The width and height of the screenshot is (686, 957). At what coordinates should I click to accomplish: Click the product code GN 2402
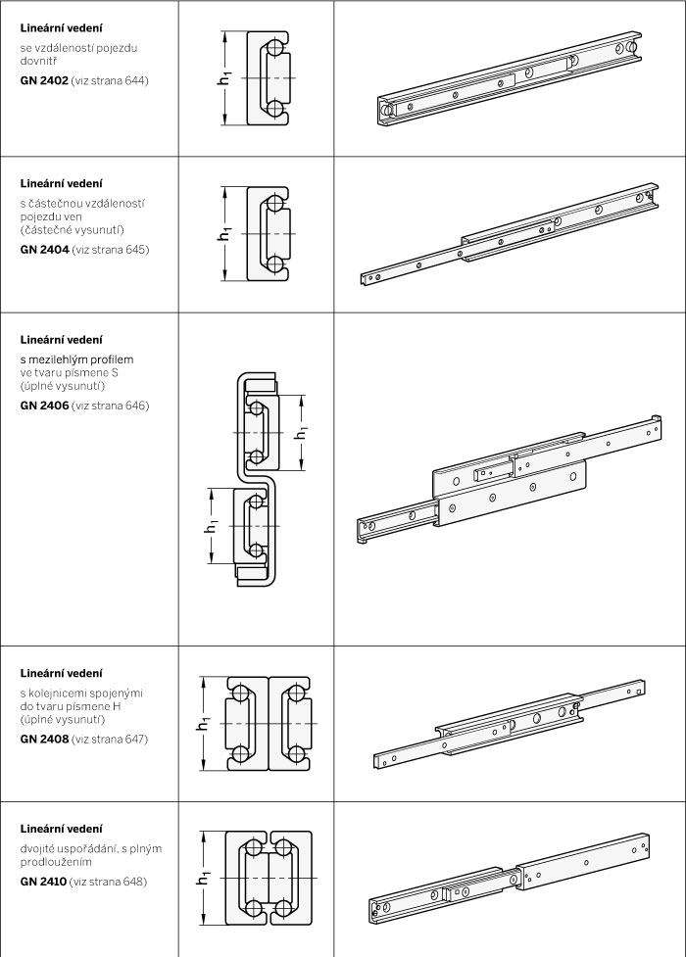[x=44, y=80]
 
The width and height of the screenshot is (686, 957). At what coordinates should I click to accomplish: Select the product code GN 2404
[x=45, y=249]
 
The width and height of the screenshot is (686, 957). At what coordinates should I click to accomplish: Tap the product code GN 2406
[x=45, y=406]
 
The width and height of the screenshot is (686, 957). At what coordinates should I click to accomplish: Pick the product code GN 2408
[x=45, y=740]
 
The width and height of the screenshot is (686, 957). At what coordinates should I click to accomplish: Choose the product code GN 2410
[x=43, y=882]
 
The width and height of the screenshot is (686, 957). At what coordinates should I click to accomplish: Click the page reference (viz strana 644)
[x=110, y=80]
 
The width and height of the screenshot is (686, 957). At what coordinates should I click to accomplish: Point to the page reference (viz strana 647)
[x=110, y=740]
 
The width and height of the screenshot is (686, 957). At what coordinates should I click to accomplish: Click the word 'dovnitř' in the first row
[x=38, y=61]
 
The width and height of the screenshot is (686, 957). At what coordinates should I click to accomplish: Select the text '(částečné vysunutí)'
[x=73, y=229]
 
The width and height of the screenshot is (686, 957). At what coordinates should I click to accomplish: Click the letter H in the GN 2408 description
[x=117, y=706]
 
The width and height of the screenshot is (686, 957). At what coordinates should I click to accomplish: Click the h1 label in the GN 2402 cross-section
[x=226, y=78]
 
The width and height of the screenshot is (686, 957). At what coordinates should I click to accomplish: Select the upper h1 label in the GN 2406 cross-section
[x=301, y=433]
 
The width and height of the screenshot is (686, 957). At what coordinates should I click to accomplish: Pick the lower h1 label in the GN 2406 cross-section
[x=211, y=525]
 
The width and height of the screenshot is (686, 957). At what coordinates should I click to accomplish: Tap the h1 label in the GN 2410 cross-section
[x=203, y=879]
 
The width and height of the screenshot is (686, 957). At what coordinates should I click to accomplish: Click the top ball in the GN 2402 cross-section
[x=275, y=48]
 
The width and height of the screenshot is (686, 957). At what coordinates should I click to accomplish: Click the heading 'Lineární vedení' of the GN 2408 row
[x=61, y=673]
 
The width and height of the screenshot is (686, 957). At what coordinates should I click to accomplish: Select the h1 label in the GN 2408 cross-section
[x=203, y=723]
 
